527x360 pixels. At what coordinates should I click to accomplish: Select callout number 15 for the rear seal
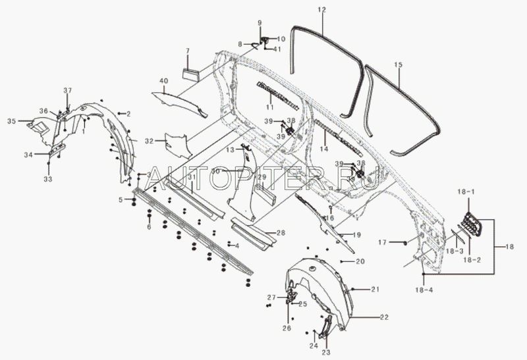tap(398, 65)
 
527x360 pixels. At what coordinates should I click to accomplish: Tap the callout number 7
tap(187, 51)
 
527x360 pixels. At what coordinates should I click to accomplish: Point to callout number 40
tap(164, 81)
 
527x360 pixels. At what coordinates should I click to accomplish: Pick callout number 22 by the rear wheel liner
tap(383, 317)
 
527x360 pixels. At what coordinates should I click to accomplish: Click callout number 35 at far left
tap(11, 121)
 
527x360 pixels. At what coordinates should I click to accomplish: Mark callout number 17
tap(381, 242)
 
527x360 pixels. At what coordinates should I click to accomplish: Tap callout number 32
tap(149, 141)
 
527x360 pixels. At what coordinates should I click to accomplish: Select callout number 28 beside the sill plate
tap(281, 233)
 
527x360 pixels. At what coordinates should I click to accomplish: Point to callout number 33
tap(47, 179)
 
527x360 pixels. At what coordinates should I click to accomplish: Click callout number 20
tap(360, 262)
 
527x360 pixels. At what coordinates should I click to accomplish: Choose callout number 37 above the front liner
tap(67, 90)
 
